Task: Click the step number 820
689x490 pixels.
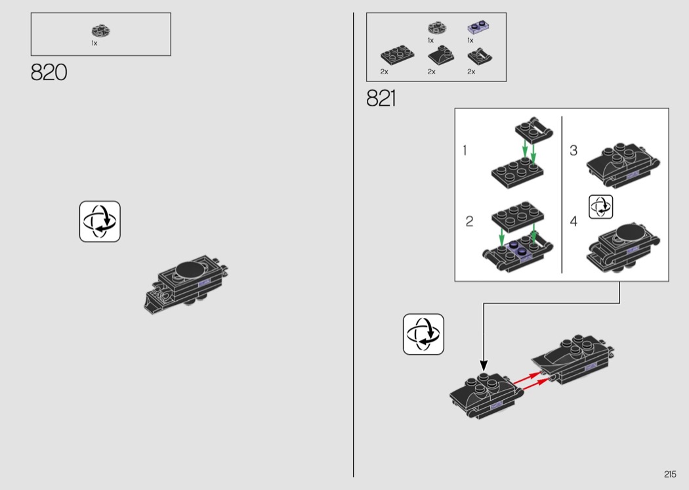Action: pyautogui.click(x=49, y=72)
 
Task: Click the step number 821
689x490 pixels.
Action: pyautogui.click(x=381, y=98)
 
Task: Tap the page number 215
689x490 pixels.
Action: pyautogui.click(x=670, y=474)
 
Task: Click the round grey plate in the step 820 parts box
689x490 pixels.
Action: pyautogui.click(x=101, y=31)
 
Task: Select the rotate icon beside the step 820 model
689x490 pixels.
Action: pyautogui.click(x=100, y=221)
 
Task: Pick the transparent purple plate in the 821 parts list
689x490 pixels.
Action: pyautogui.click(x=478, y=28)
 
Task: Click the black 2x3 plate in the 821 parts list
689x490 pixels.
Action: pyautogui.click(x=397, y=55)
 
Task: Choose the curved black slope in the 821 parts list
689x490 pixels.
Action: pyautogui.click(x=441, y=55)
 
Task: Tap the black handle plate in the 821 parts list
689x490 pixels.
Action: pyautogui.click(x=480, y=56)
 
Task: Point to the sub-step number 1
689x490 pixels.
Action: pyautogui.click(x=465, y=150)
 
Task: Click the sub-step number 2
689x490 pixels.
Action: pyautogui.click(x=469, y=221)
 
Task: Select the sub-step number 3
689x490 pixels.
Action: pyautogui.click(x=574, y=150)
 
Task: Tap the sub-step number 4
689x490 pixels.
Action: pyautogui.click(x=574, y=221)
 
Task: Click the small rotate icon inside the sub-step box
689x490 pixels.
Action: pyautogui.click(x=600, y=207)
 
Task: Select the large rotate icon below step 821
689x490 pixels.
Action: pyautogui.click(x=423, y=334)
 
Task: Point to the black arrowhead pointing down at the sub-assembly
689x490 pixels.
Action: pyautogui.click(x=484, y=365)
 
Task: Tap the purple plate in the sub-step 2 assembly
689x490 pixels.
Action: pyautogui.click(x=520, y=251)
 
